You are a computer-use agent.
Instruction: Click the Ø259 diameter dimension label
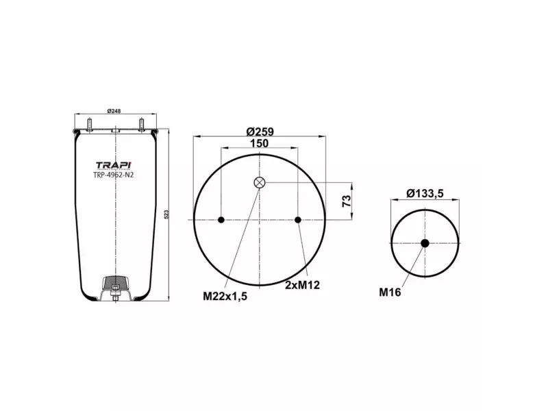pyautogui.click(x=260, y=130)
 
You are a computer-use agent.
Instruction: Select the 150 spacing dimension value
pyautogui.click(x=259, y=143)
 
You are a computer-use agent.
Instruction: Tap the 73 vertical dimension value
pyautogui.click(x=347, y=201)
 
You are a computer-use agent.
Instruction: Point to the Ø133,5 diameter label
pyautogui.click(x=425, y=193)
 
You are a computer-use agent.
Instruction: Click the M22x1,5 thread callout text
pyautogui.click(x=225, y=296)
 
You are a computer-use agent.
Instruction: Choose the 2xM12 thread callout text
pyautogui.click(x=303, y=284)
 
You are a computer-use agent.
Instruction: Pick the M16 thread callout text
pyautogui.click(x=390, y=292)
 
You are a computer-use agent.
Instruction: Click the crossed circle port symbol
pyautogui.click(x=260, y=182)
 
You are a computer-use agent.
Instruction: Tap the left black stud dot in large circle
pyautogui.click(x=221, y=220)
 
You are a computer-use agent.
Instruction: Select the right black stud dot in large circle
pyautogui.click(x=298, y=220)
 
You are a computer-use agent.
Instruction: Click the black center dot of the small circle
pyautogui.click(x=425, y=243)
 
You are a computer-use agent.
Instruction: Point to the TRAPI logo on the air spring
pyautogui.click(x=114, y=164)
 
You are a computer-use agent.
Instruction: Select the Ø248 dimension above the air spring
pyautogui.click(x=114, y=112)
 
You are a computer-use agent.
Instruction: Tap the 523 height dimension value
pyautogui.click(x=167, y=215)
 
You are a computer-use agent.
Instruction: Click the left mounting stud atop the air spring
pyautogui.click(x=90, y=125)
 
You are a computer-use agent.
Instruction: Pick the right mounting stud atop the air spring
pyautogui.click(x=140, y=125)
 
